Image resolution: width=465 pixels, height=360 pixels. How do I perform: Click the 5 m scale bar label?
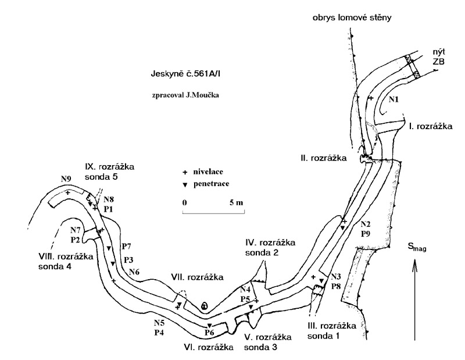tap(236, 202)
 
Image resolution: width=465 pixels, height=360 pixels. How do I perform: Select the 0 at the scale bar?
tap(184, 202)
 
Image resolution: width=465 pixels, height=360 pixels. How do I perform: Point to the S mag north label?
tap(417, 248)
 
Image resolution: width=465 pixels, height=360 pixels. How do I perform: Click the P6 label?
tap(210, 332)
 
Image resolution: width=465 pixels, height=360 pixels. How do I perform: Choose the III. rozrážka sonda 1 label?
tap(332, 330)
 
